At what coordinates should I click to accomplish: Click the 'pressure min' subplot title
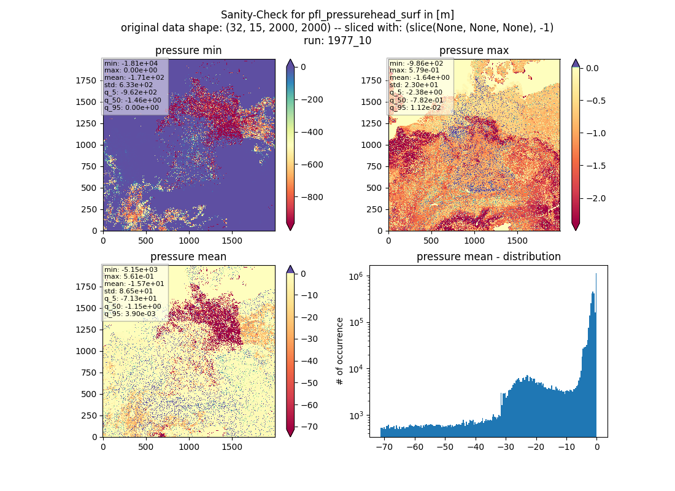pos(188,50)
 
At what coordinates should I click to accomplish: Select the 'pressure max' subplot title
pos(474,50)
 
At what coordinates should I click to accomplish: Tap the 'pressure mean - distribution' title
pos(488,257)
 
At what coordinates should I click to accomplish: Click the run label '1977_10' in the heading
pos(349,41)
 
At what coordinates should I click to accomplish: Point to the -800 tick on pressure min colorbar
pos(312,197)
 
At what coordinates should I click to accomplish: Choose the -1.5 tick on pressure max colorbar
pos(596,166)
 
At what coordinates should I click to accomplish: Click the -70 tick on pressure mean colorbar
pos(309,427)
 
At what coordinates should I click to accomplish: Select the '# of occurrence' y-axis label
pos(340,351)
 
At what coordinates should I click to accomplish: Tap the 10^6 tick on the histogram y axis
pos(357,276)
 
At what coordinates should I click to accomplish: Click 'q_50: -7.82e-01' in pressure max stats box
pos(416,100)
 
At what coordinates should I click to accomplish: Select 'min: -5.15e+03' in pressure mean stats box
pos(131,269)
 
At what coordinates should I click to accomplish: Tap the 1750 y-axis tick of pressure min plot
pos(86,80)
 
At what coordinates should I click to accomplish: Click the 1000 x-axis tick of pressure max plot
pos(474,241)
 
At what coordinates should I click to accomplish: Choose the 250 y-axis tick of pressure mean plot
pos(89,416)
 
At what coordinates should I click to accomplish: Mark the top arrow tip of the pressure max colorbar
pos(576,60)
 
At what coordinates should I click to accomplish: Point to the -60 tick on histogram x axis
pos(415,447)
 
